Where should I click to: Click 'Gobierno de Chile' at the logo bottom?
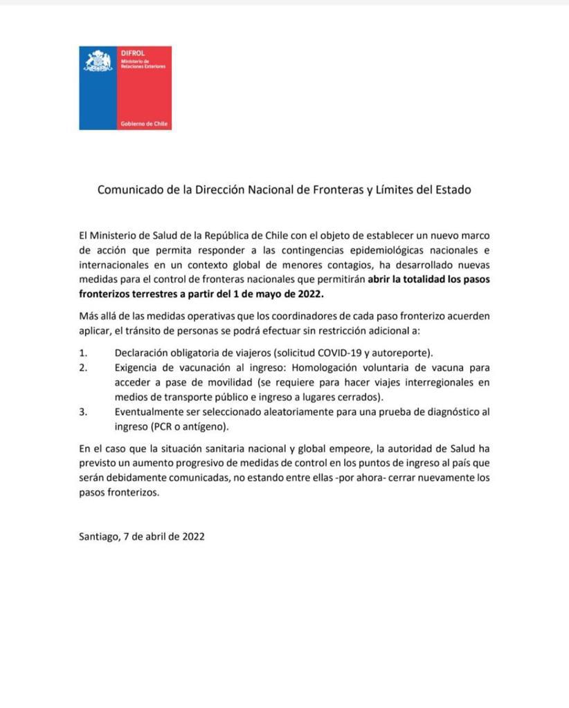click(x=144, y=124)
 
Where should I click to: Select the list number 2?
click(x=83, y=368)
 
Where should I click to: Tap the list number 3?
click(x=83, y=412)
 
